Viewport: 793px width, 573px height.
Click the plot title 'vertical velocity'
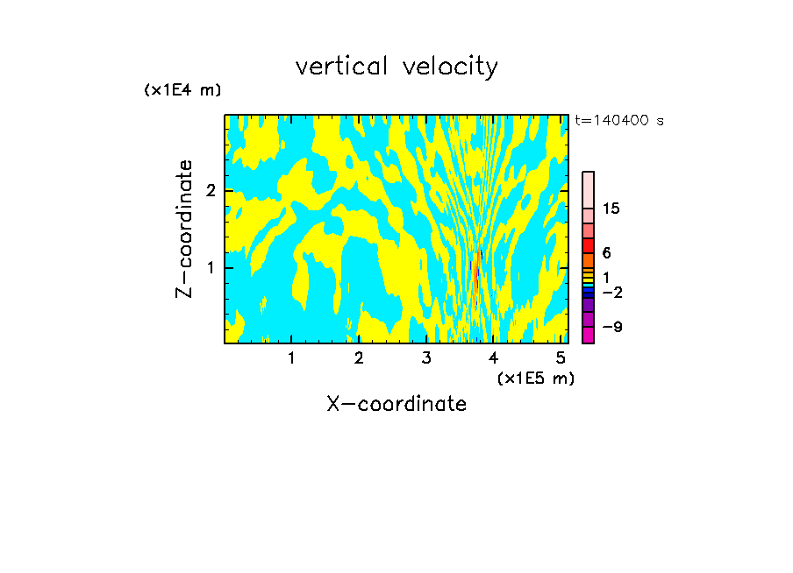tap(396, 67)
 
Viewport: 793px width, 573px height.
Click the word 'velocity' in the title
tap(448, 67)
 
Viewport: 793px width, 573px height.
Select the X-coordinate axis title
tap(396, 404)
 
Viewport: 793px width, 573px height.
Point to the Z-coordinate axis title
tap(184, 229)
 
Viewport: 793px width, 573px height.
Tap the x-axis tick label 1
tap(291, 358)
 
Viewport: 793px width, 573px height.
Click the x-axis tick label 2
tap(359, 358)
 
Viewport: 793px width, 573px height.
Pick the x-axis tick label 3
tap(426, 358)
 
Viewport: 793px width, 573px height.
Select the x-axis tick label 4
tap(493, 358)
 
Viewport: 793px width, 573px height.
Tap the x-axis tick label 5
tap(561, 358)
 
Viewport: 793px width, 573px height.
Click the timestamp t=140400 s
tap(619, 121)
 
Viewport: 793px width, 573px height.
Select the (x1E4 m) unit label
tap(182, 89)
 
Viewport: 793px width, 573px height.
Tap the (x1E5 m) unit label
tap(535, 378)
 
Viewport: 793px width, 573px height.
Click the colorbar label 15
tap(611, 209)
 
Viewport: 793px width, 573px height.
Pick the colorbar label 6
tap(607, 252)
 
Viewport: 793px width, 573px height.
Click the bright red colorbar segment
tap(589, 245)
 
